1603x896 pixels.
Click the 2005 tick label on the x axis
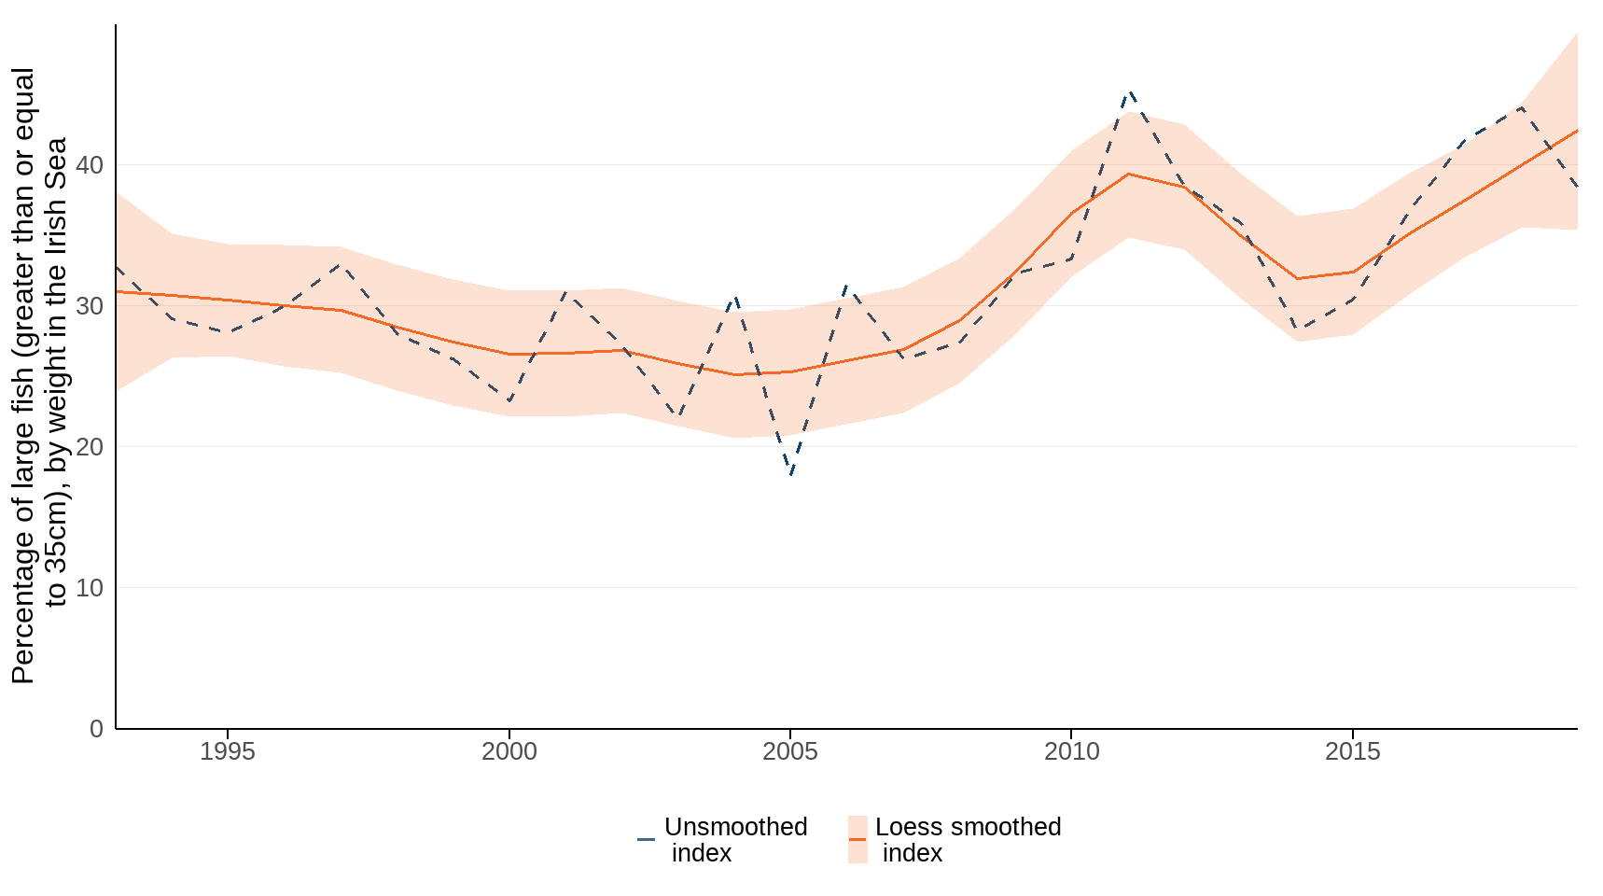(x=789, y=751)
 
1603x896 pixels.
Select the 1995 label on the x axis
(x=227, y=751)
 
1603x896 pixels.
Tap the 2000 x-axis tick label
(x=509, y=751)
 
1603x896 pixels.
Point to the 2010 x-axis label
(x=1071, y=751)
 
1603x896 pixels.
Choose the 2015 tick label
(x=1352, y=751)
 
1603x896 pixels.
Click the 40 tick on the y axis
(x=90, y=165)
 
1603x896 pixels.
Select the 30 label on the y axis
(x=90, y=306)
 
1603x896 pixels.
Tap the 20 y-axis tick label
(x=90, y=447)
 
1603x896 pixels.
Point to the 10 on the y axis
(x=90, y=588)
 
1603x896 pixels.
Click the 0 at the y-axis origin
(x=96, y=729)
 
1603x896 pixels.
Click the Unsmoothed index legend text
(x=735, y=840)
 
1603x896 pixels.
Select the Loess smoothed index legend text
(x=968, y=840)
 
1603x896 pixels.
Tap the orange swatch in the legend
(x=857, y=839)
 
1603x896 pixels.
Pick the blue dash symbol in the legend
(x=646, y=839)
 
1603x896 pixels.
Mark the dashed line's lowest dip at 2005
(x=791, y=474)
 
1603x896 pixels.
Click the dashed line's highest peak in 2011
(x=1130, y=92)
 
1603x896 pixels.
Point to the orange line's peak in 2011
(x=1129, y=174)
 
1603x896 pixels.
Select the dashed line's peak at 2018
(x=1522, y=106)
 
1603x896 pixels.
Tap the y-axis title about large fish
(x=39, y=375)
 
